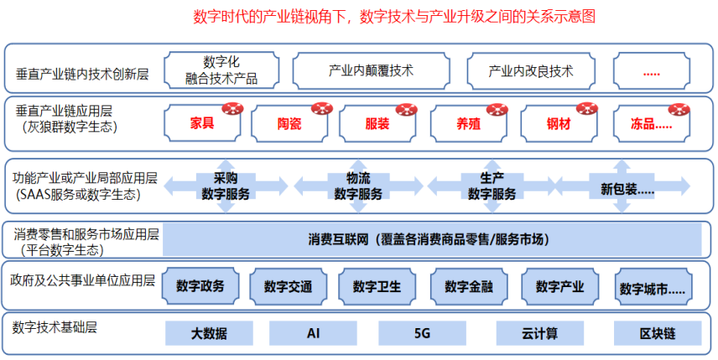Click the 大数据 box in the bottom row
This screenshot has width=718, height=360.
coord(209,333)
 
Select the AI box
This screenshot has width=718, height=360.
coord(313,333)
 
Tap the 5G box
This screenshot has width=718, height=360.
coord(422,333)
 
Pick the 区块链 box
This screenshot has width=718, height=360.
coord(658,333)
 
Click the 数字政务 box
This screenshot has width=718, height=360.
coord(200,286)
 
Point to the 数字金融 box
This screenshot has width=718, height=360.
coord(469,286)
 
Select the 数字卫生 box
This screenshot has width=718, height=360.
coord(377,286)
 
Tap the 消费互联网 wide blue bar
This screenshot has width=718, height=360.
coord(432,239)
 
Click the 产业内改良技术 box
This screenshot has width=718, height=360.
coord(530,70)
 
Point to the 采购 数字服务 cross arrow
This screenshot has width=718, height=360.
coord(226,185)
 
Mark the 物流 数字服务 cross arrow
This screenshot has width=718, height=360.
coord(358,185)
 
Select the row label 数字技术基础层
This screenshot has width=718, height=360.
coord(55,327)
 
